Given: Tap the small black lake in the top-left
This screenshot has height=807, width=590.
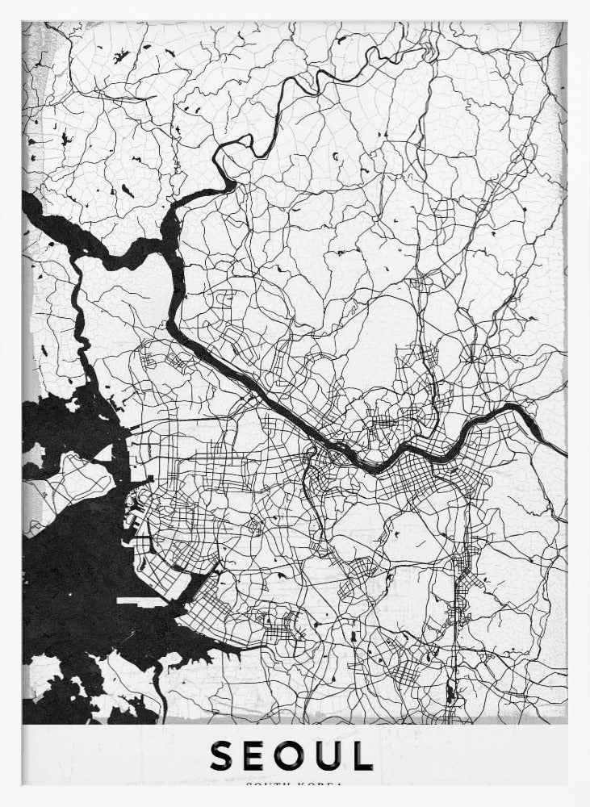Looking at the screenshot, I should (x=121, y=56).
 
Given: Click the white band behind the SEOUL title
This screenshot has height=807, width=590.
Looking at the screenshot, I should (x=484, y=755).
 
